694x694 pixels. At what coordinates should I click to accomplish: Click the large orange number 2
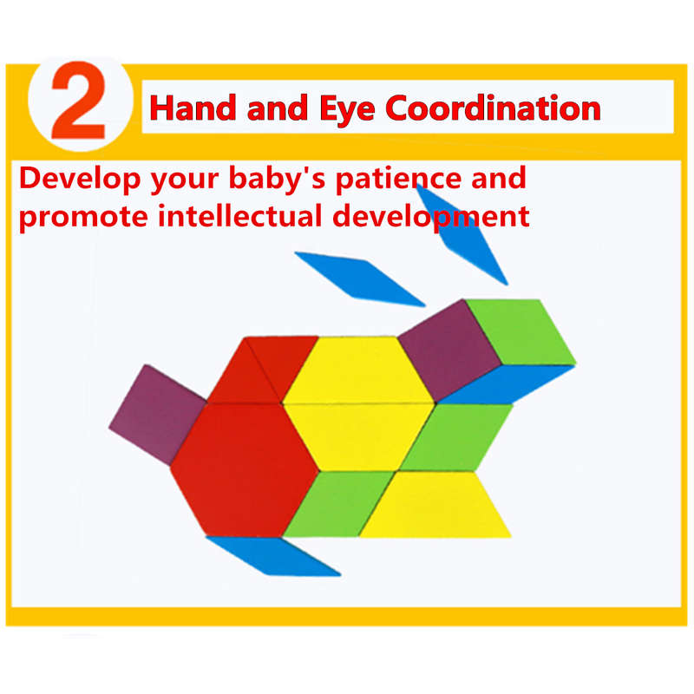(x=79, y=100)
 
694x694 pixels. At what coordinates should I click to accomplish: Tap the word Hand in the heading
(x=193, y=108)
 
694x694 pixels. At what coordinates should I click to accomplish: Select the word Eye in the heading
(x=348, y=109)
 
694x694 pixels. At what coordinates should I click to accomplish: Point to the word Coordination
(x=493, y=108)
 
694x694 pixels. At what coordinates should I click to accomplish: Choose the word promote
(x=83, y=218)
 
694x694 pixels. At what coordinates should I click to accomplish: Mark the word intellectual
(x=239, y=216)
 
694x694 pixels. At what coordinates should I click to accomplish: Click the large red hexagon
(x=245, y=469)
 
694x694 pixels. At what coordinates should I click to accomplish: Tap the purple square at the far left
(x=158, y=415)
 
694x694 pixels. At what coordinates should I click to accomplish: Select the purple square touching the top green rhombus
(x=449, y=350)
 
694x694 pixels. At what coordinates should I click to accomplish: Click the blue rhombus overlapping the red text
(x=462, y=234)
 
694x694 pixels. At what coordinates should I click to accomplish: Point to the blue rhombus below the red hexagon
(x=273, y=556)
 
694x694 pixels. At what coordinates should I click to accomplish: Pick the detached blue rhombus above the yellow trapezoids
(x=360, y=278)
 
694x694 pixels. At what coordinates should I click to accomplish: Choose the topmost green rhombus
(x=521, y=332)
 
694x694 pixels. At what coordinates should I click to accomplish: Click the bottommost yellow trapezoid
(x=435, y=504)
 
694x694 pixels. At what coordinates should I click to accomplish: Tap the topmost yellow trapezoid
(x=357, y=370)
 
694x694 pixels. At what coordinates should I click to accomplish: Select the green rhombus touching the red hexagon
(x=339, y=504)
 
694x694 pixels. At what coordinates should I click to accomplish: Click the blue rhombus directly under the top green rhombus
(x=506, y=384)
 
